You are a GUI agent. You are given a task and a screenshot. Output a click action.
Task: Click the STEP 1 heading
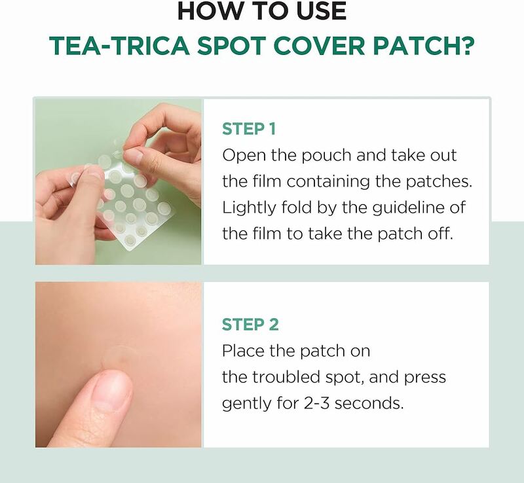coord(248,129)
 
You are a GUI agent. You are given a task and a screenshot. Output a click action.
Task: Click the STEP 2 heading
coord(250,324)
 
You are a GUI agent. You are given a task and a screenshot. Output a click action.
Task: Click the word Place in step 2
coord(243,351)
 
